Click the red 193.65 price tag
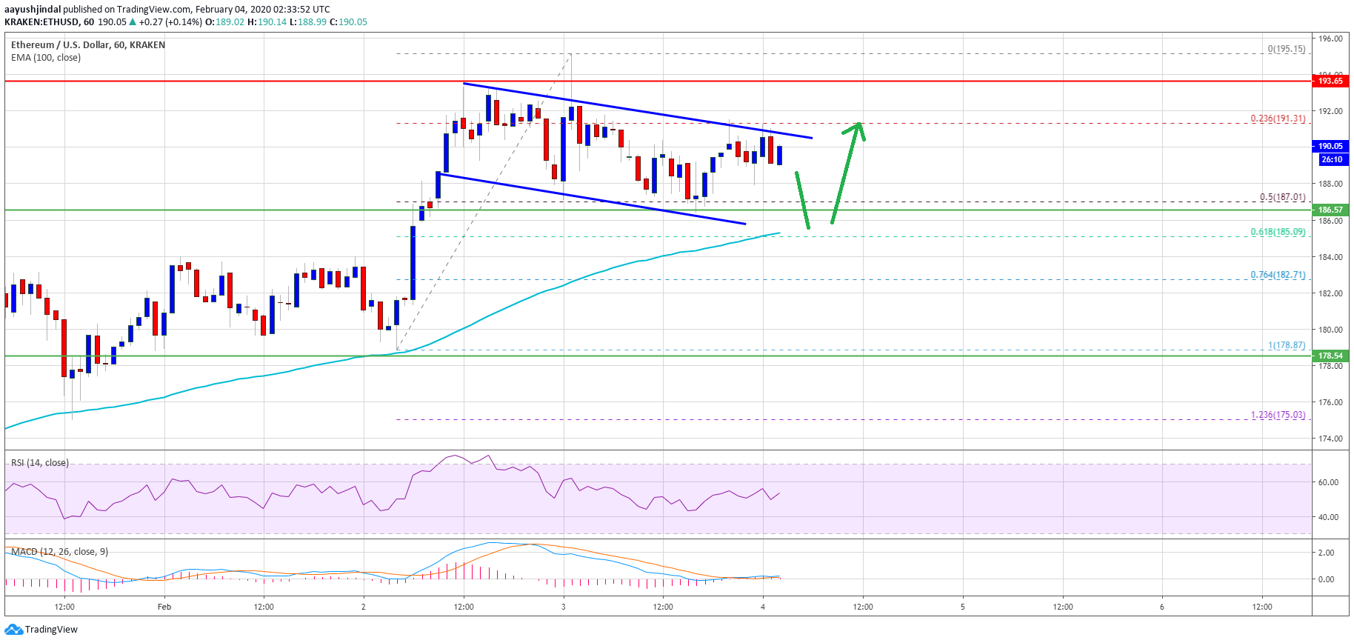tap(1330, 81)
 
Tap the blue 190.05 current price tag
tap(1330, 146)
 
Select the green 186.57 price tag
tap(1330, 210)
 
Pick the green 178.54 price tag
tap(1330, 356)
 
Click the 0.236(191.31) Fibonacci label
tap(1278, 119)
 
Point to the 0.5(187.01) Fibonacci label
tap(1282, 197)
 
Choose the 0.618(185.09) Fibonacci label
tap(1278, 232)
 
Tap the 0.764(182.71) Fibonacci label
tap(1278, 275)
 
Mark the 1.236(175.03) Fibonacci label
tap(1278, 415)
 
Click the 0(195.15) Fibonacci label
tap(1286, 49)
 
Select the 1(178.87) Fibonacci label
tap(1286, 345)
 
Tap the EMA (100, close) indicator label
tap(46, 58)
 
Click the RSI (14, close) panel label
tap(40, 463)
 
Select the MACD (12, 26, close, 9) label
tap(59, 552)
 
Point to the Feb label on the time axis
tap(164, 607)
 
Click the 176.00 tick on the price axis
tap(1330, 402)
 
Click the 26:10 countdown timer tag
tap(1331, 159)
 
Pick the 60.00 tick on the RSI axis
tap(1328, 482)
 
